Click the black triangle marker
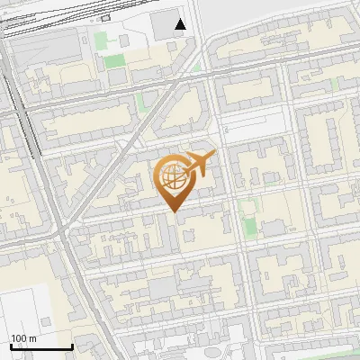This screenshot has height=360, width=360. [x=181, y=24]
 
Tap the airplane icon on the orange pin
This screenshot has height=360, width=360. [x=199, y=163]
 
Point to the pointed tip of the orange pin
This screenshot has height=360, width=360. [x=174, y=210]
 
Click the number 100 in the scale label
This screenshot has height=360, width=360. [x=17, y=337]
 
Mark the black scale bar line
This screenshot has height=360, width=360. [x=41, y=346]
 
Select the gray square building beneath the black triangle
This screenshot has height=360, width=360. [x=163, y=26]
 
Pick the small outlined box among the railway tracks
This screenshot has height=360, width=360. [x=106, y=17]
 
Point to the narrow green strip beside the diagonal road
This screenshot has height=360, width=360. [x=139, y=100]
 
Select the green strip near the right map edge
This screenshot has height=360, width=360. [x=336, y=83]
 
